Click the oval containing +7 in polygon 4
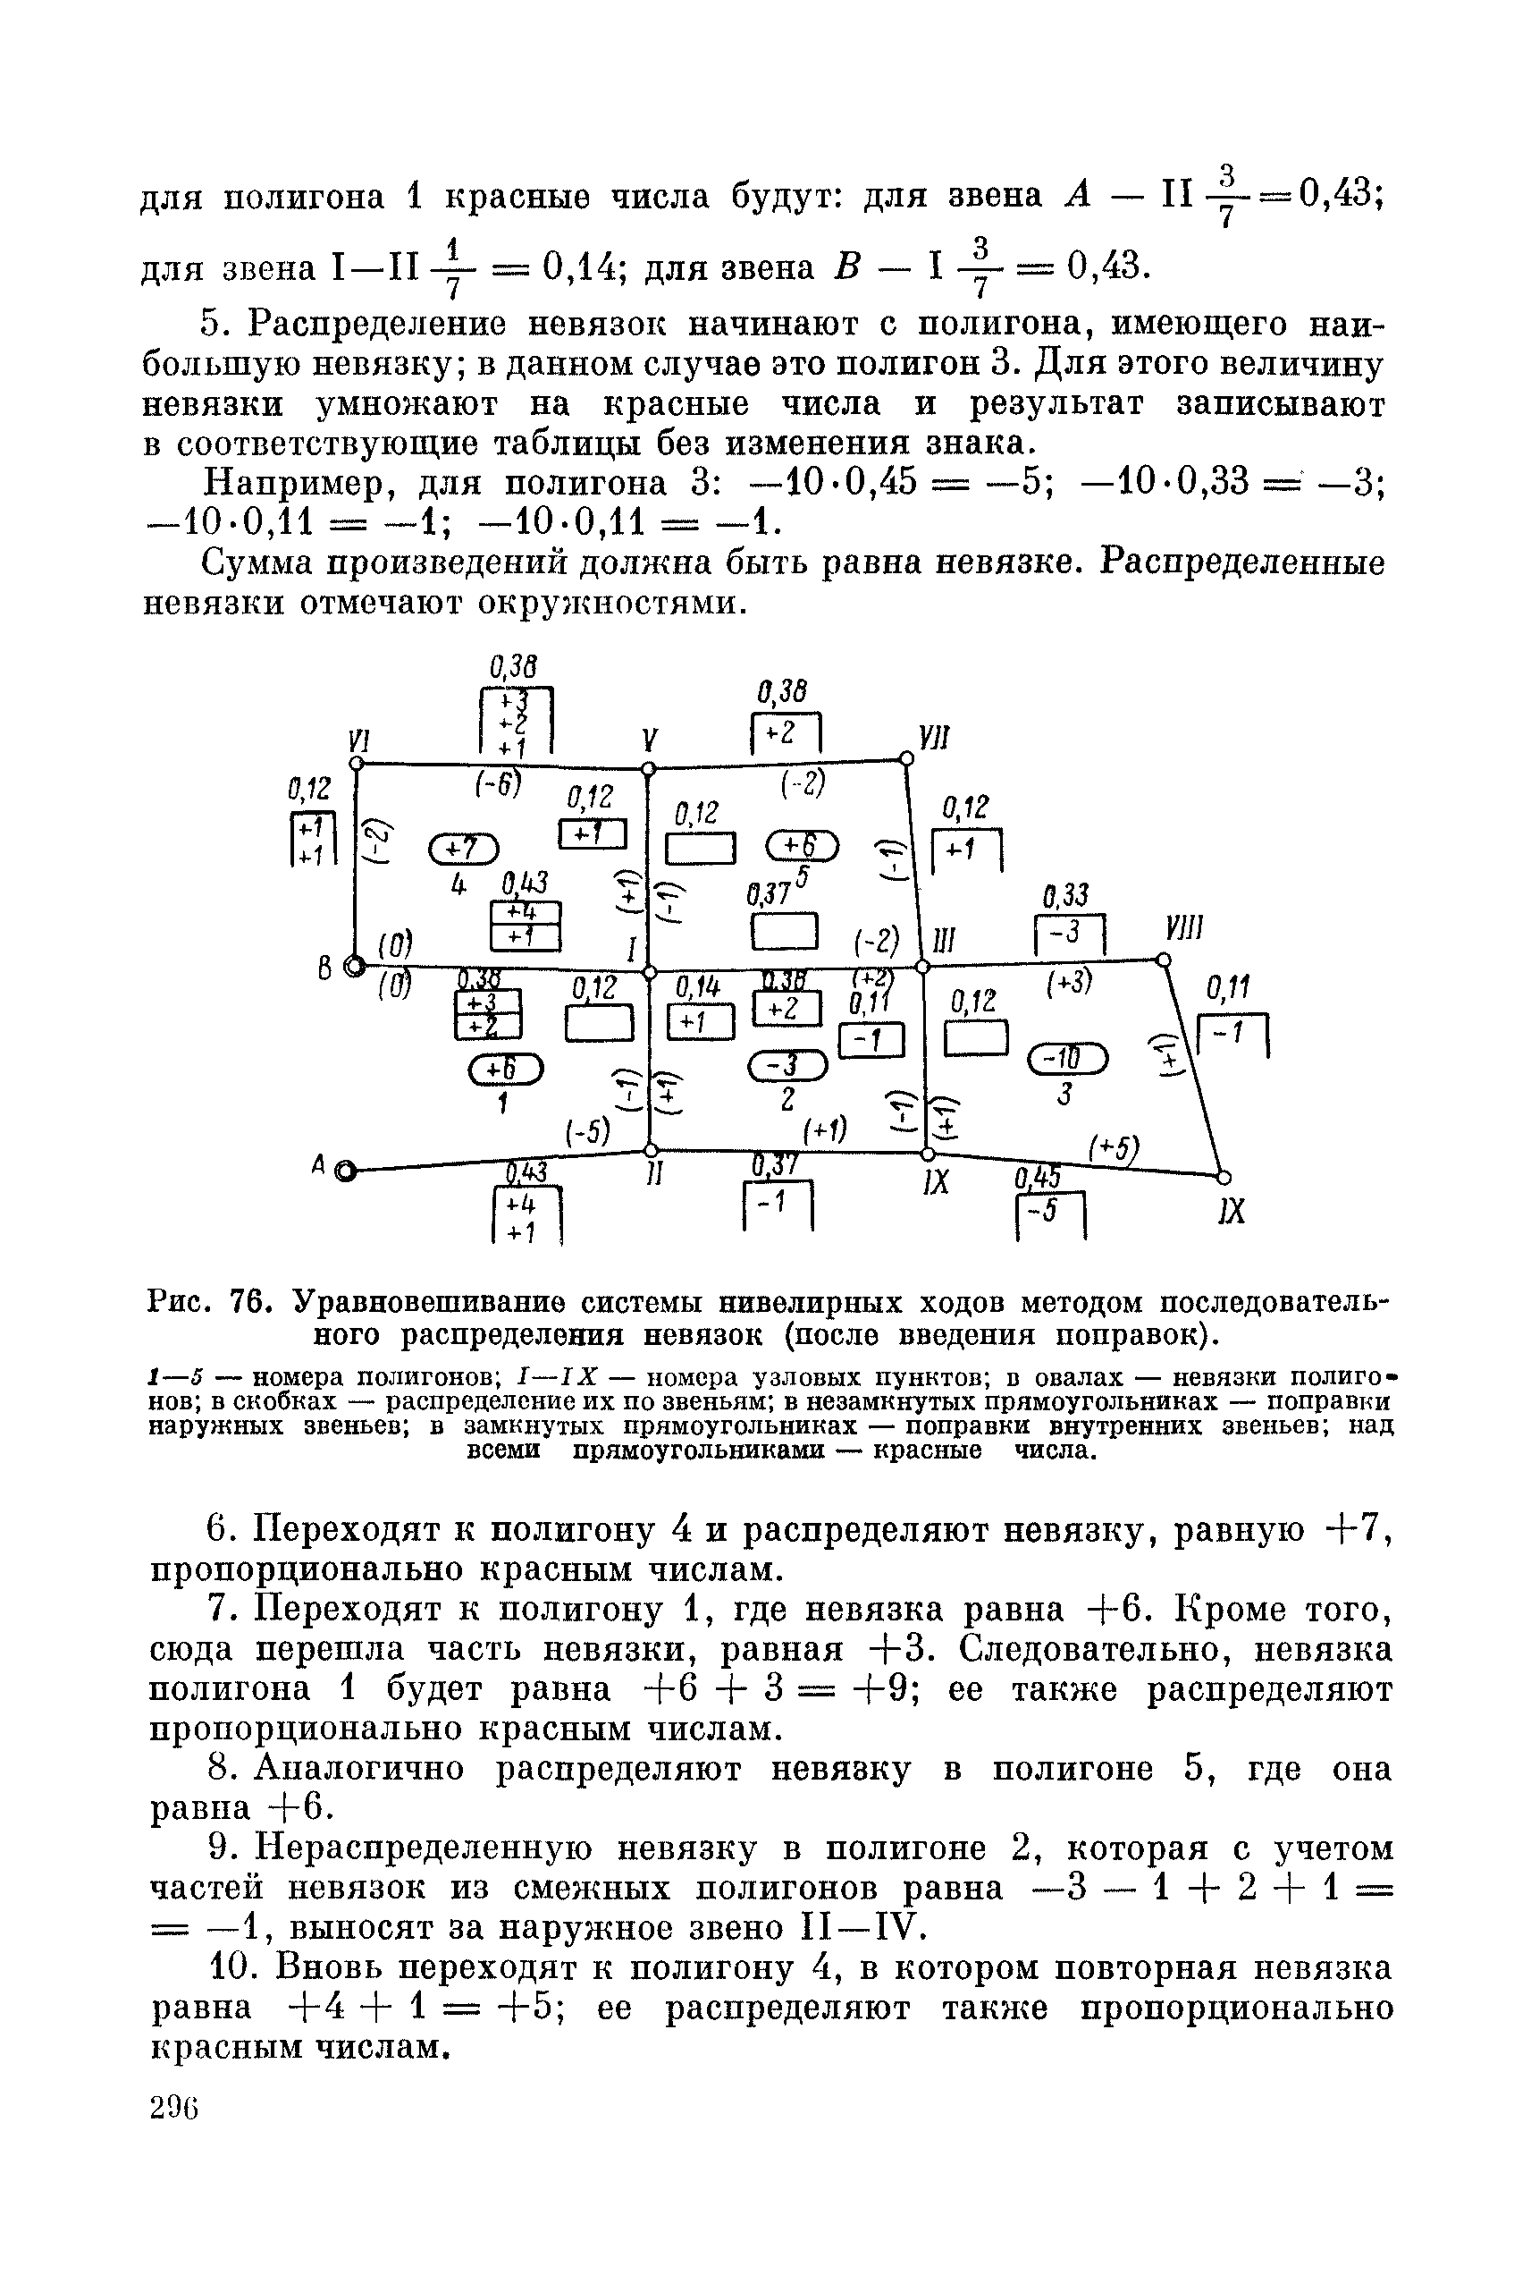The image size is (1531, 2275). pyautogui.click(x=463, y=847)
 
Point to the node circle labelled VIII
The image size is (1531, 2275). pyautogui.click(x=1163, y=960)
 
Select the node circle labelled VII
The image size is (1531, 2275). pyautogui.click(x=906, y=757)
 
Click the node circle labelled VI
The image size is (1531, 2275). pyautogui.click(x=358, y=762)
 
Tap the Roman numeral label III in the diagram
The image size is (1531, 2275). pyautogui.click(x=943, y=941)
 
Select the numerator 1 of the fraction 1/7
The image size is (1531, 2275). pyautogui.click(x=452, y=244)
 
